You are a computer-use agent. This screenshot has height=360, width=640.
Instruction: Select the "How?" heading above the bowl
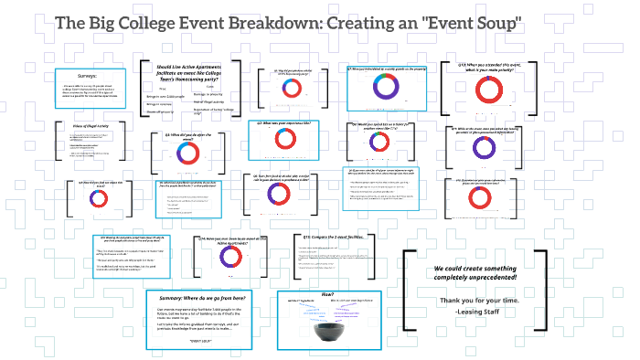[327, 294]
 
